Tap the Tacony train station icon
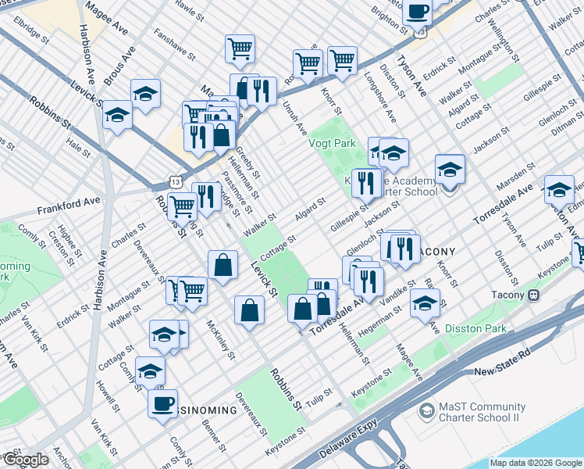[535, 295]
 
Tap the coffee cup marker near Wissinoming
[163, 403]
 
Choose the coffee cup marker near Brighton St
[417, 10]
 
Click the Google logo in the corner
[25, 460]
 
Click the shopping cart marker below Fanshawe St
[240, 48]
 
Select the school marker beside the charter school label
[450, 170]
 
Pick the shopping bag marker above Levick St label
[223, 264]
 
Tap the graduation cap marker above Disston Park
[425, 303]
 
